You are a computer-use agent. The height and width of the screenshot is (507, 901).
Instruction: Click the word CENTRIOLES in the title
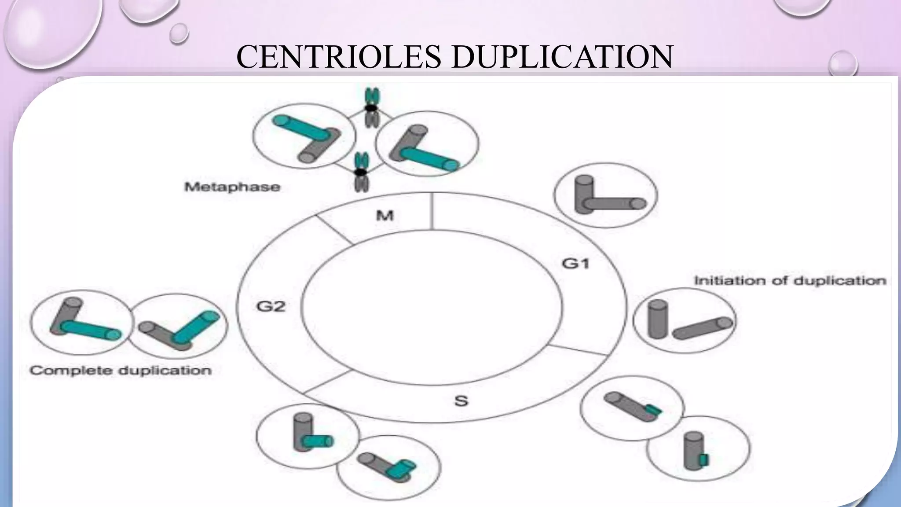(x=338, y=57)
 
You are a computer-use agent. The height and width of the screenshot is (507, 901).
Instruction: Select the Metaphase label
(x=232, y=187)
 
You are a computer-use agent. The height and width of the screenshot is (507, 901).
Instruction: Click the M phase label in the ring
(x=385, y=216)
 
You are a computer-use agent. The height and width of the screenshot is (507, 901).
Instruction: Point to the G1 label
(x=576, y=264)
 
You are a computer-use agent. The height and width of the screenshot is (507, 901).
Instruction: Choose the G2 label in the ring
(x=271, y=306)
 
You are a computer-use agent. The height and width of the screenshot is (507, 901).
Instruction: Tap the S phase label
(x=461, y=401)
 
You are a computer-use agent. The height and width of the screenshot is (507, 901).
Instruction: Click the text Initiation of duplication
(x=790, y=281)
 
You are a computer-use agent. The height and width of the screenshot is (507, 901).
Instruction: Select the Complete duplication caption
(x=121, y=371)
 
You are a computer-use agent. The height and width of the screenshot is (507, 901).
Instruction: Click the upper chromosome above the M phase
(x=372, y=108)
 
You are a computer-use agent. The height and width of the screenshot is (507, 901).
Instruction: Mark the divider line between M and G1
(x=432, y=212)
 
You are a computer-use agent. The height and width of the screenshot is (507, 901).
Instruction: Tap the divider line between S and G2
(x=327, y=382)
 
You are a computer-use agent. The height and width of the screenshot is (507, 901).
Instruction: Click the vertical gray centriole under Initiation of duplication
(x=658, y=319)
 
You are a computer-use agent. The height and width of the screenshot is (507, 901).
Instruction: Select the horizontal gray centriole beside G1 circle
(x=616, y=204)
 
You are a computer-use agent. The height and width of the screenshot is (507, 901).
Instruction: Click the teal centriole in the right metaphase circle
(x=429, y=159)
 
